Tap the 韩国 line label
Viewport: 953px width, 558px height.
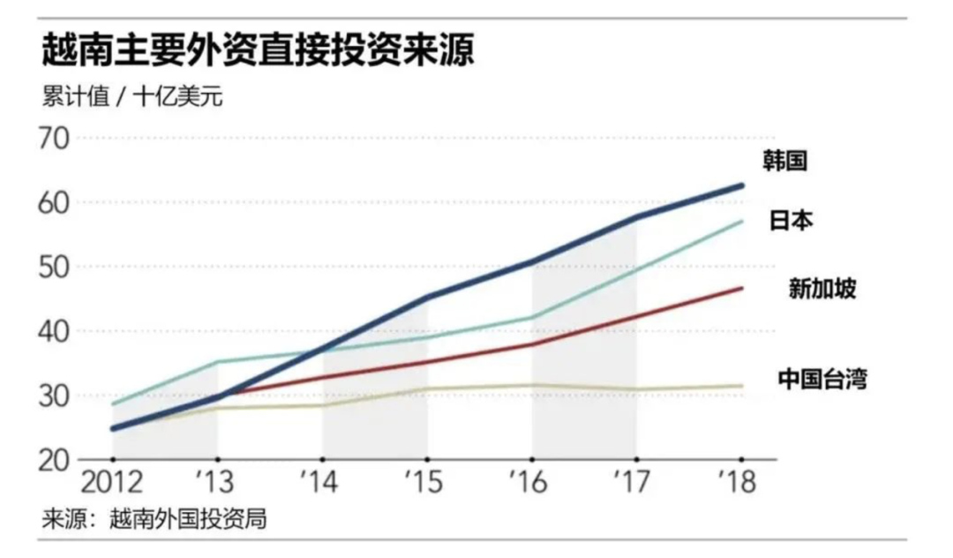tap(786, 161)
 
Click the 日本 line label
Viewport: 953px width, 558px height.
tap(791, 221)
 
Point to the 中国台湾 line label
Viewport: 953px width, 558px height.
tap(822, 381)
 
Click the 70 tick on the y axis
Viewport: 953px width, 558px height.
tap(58, 139)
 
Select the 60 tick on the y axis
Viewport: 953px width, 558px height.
tap(58, 203)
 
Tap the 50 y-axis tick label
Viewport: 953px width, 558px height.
tap(58, 268)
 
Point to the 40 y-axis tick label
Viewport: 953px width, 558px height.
tap(58, 332)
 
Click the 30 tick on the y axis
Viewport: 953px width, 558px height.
tap(58, 396)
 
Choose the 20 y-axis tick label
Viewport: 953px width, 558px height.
tap(58, 460)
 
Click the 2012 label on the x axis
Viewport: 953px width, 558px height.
tap(112, 485)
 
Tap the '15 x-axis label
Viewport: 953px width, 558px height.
tap(425, 485)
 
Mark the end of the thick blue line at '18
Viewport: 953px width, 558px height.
tap(741, 185)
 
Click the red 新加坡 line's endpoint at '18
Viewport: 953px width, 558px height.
tap(741, 289)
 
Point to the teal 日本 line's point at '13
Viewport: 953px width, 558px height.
tap(218, 361)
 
